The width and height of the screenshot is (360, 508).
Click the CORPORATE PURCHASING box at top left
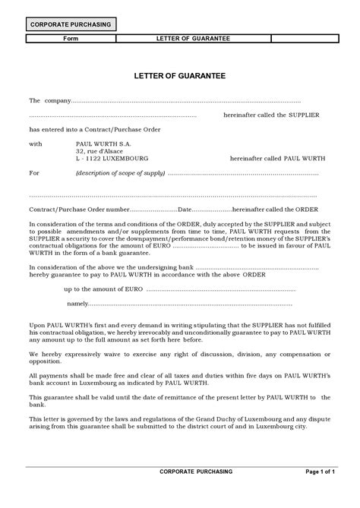click(x=70, y=24)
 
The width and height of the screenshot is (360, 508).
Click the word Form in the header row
click(x=70, y=37)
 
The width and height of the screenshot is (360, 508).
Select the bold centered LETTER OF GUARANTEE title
click(x=179, y=76)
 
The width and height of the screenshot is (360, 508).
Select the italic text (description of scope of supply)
click(x=119, y=173)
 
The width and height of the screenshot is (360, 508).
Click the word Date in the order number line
click(x=184, y=209)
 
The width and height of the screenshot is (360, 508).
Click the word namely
click(x=77, y=303)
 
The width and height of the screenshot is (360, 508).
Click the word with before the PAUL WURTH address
click(x=36, y=143)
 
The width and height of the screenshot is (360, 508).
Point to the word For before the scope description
click(x=34, y=173)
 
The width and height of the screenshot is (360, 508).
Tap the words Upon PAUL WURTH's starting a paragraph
click(x=59, y=325)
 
